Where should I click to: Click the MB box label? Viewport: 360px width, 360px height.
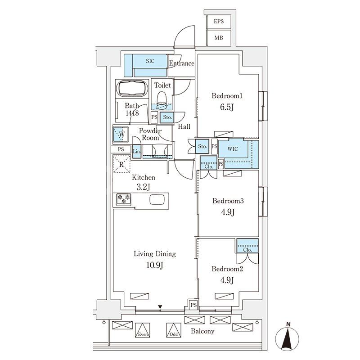point(219,37)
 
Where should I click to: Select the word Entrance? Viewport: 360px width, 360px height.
point(181,63)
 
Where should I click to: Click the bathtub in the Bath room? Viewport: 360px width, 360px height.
point(132,89)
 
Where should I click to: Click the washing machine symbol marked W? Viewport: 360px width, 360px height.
point(120,134)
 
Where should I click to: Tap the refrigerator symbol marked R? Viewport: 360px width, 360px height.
point(121,164)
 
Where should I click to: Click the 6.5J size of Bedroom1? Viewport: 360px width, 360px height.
point(227,108)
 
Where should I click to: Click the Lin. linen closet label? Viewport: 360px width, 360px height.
point(137,152)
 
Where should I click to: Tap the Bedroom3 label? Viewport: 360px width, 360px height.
point(228,201)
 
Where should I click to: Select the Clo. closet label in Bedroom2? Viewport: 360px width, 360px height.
point(247,250)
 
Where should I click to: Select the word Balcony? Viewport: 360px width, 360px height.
point(202,331)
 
